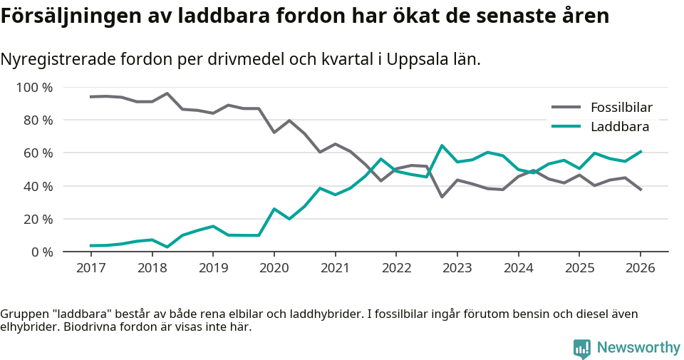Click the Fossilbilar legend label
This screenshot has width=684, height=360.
point(621,108)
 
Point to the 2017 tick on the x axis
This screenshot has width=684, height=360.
point(90,267)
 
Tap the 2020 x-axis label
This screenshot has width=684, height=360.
point(274,267)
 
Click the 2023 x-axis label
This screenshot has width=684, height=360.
point(457,267)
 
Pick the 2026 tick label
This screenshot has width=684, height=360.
point(640,267)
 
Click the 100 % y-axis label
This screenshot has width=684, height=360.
point(35,88)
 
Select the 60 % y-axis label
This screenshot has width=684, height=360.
point(38,153)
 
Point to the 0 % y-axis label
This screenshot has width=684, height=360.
point(41,252)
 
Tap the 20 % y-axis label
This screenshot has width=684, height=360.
point(38,219)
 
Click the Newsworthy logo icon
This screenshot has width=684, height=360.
point(582,349)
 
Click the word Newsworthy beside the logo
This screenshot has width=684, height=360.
point(638,348)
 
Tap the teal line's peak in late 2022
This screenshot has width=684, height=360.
point(442,145)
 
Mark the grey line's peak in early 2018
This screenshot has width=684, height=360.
point(167,93)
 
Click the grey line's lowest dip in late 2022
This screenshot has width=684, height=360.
point(442,197)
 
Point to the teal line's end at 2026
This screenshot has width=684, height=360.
point(640,151)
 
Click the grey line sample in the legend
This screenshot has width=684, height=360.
point(566,108)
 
